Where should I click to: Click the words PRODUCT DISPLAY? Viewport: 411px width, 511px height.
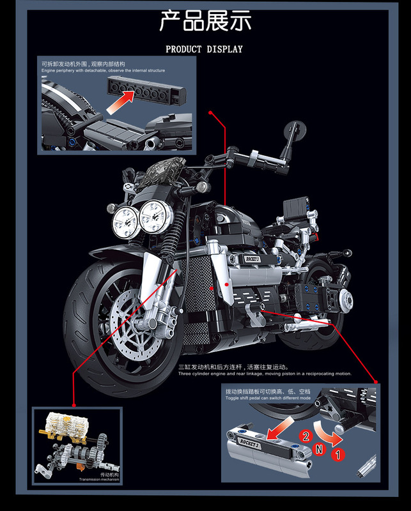pyautogui.click(x=205, y=49)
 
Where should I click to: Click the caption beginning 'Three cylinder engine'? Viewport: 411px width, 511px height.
pyautogui.click(x=265, y=374)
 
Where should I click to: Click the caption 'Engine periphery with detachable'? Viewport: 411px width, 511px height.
pyautogui.click(x=103, y=71)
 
